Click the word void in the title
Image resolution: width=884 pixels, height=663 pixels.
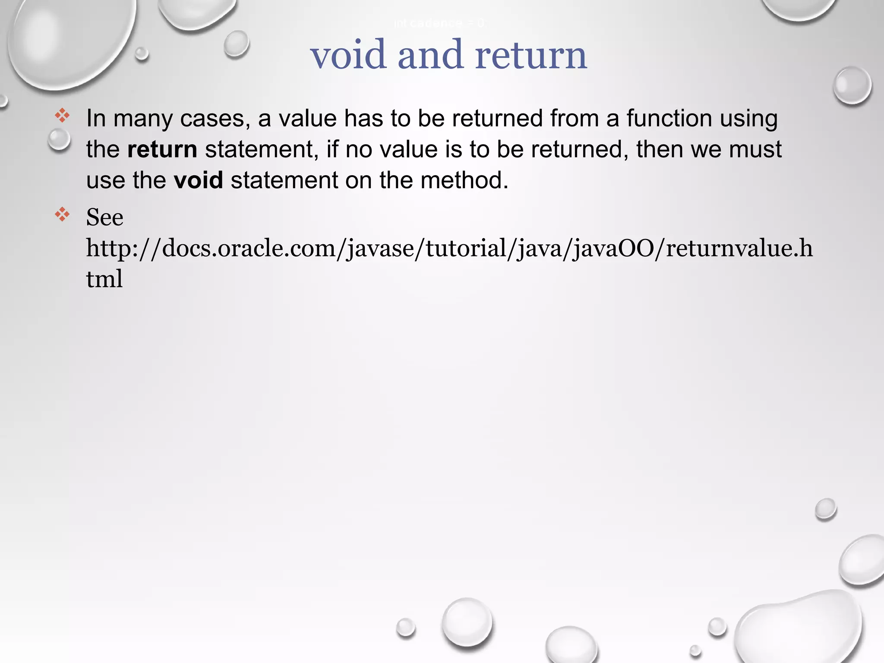[348, 55]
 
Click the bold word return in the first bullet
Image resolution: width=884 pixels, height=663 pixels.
[162, 149]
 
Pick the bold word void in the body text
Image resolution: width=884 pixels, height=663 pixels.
[198, 180]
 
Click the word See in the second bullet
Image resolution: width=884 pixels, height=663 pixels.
[104, 217]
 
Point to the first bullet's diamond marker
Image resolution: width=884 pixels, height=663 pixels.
[62, 115]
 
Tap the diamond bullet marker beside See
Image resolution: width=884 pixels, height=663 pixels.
[62, 214]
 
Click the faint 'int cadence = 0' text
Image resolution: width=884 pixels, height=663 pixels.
[439, 23]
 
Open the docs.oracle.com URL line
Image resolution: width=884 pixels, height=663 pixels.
[449, 248]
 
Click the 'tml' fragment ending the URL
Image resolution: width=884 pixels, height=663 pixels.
[104, 279]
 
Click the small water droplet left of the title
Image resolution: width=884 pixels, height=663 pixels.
[236, 44]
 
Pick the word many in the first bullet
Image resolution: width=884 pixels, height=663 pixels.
[143, 118]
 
